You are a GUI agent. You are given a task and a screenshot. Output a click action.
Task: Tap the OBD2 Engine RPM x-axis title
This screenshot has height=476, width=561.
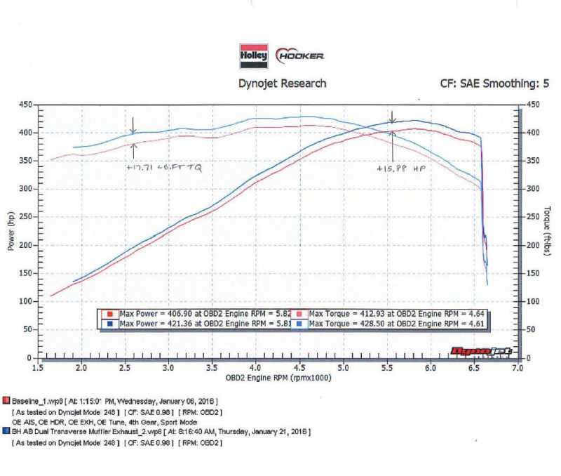pos(278,378)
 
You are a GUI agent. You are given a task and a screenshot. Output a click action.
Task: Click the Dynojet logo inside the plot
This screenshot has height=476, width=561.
pos(481,350)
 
